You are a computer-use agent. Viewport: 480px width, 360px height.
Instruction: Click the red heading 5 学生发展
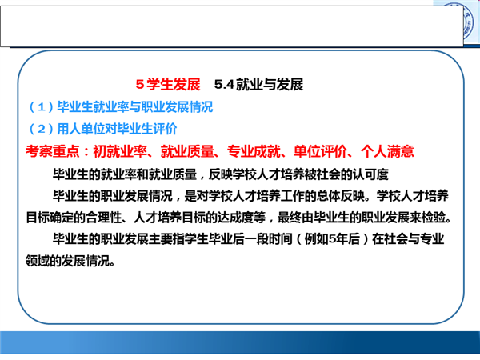168,84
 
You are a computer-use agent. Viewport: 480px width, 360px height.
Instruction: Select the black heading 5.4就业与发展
258,84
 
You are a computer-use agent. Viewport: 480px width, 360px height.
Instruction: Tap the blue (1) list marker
42,107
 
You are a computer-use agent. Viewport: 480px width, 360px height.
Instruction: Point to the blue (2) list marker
42,129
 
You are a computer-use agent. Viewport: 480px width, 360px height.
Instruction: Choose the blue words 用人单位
81,129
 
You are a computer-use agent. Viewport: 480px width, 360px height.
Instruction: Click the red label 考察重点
53,151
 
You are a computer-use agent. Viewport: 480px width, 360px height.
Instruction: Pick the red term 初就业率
120,151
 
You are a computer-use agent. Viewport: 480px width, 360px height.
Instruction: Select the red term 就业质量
187,151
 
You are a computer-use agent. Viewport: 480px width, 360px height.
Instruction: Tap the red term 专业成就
254,151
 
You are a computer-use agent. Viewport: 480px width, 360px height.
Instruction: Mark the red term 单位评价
321,151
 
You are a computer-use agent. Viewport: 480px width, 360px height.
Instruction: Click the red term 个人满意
387,151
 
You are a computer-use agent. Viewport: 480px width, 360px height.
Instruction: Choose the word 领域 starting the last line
38,261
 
